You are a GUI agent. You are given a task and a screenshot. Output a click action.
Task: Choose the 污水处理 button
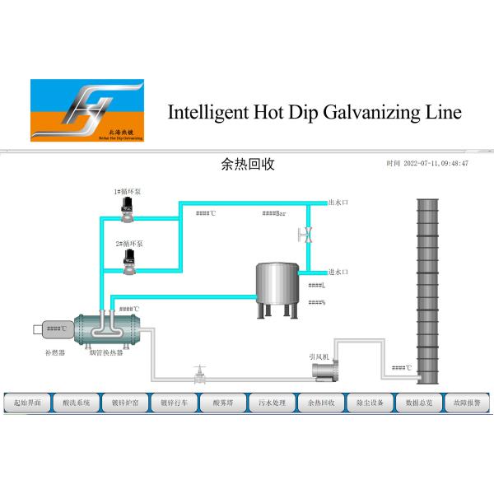click(273, 403)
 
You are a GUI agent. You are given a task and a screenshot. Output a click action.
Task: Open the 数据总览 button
click(419, 403)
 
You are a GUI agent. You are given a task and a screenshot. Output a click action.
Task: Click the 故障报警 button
click(468, 403)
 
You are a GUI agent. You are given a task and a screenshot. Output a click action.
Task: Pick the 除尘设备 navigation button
click(370, 403)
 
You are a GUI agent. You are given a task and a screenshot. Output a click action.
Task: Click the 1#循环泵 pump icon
click(128, 207)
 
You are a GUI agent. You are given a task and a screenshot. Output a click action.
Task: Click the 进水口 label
click(339, 271)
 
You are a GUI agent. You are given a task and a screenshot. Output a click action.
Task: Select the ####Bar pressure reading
click(274, 214)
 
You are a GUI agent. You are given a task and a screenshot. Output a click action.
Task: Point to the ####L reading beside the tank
click(317, 286)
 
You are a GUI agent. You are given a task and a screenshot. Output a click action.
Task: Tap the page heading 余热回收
click(248, 164)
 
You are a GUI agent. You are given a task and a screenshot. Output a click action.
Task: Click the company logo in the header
click(86, 112)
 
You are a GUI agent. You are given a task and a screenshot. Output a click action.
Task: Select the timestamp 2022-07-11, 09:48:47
click(427, 164)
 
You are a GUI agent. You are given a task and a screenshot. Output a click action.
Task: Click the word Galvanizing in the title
click(357, 113)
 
